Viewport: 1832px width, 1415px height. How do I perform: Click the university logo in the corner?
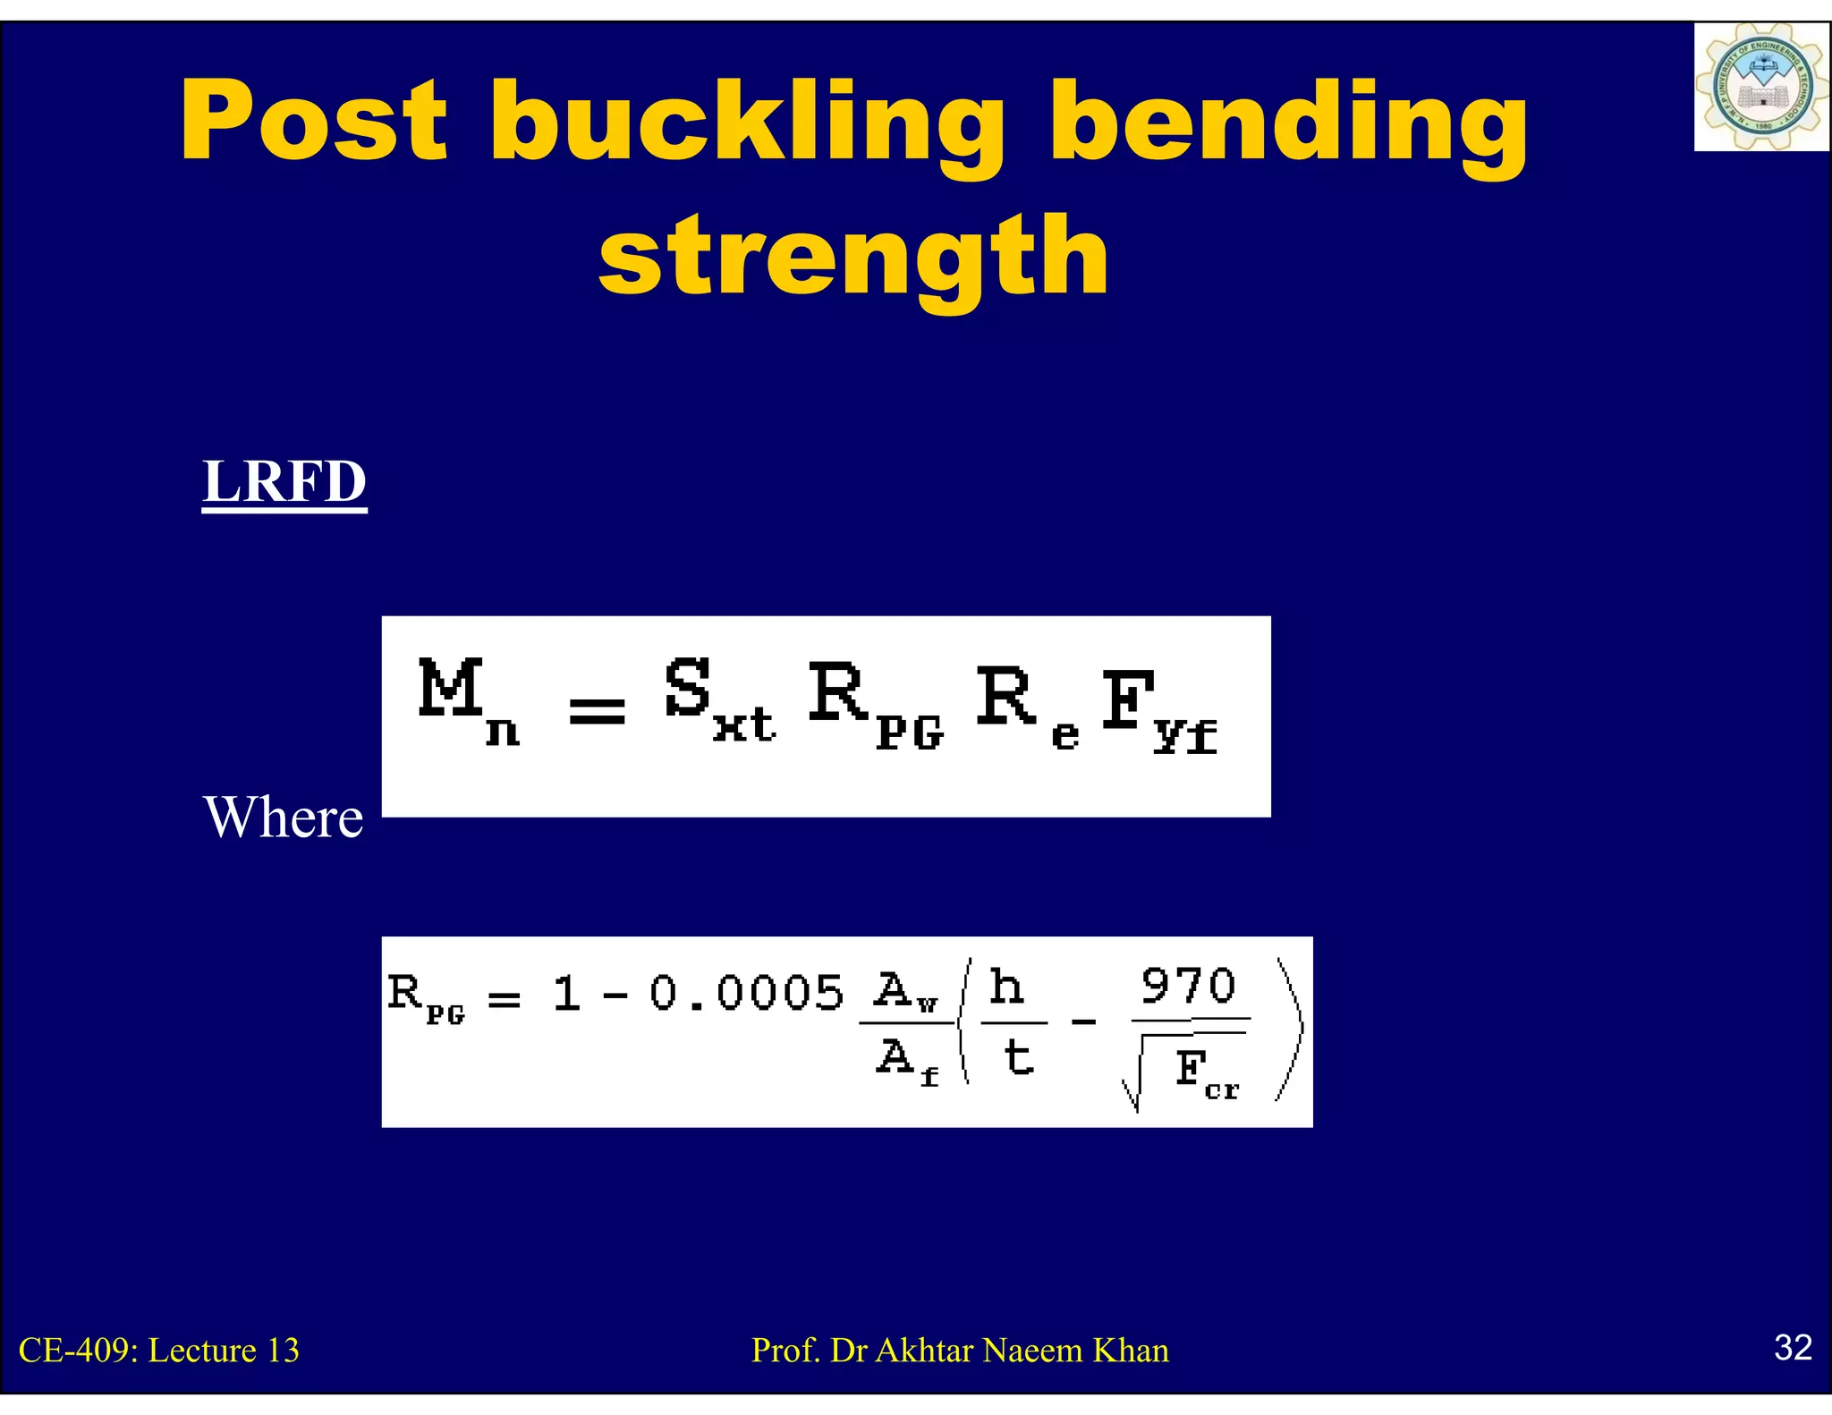pos(1760,88)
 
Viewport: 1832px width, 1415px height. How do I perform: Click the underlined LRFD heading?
pos(284,482)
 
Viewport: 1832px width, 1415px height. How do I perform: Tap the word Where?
pos(284,817)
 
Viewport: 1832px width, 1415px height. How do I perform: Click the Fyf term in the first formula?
pos(1158,711)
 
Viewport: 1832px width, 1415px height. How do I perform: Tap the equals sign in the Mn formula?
pos(597,711)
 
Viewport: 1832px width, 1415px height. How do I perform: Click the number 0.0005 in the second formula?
pos(746,993)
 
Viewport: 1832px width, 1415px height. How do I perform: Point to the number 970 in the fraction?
pos(1188,986)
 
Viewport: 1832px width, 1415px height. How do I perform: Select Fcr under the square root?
pos(1206,1072)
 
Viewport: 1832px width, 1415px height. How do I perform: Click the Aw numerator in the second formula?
pos(905,991)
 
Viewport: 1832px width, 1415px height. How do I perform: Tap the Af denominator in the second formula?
pos(906,1061)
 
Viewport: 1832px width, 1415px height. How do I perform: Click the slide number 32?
pos(1793,1347)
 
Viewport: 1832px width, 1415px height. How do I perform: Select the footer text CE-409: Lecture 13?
pos(159,1350)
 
